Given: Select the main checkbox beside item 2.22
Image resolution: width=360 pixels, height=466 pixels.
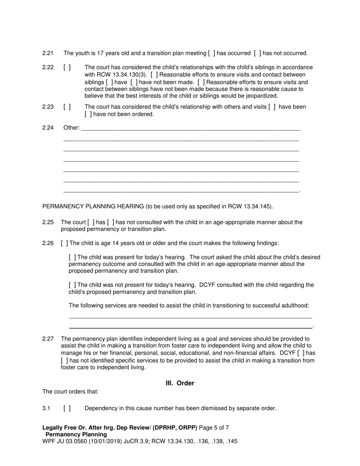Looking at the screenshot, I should (x=67, y=67).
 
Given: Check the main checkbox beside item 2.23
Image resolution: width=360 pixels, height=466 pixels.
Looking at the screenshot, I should (x=67, y=107).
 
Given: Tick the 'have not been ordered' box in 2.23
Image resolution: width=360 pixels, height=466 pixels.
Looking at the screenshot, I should (x=88, y=114).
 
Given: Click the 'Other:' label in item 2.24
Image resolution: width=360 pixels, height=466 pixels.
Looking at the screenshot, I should (x=72, y=128).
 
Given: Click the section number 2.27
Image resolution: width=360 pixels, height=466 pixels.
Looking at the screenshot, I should (x=48, y=339).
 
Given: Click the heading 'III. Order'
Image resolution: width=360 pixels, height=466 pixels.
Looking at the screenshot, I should (x=180, y=383).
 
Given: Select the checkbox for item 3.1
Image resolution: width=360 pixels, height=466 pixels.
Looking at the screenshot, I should (x=67, y=408).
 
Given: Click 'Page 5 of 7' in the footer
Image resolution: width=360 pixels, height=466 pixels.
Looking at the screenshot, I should (x=214, y=428).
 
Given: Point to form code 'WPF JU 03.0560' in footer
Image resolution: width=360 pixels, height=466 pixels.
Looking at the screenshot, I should (x=63, y=441).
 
